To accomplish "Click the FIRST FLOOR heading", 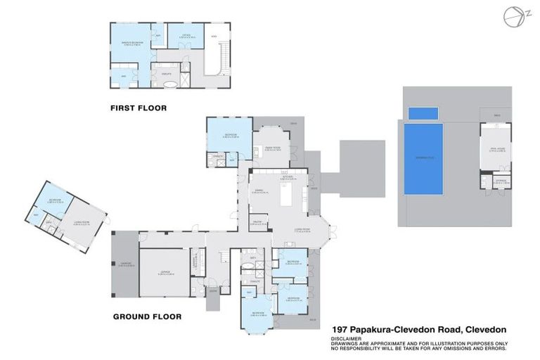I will [x=143, y=108].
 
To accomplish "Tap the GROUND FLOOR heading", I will [x=147, y=316].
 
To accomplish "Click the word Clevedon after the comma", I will [x=484, y=328].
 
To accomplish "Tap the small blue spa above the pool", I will [x=423, y=112].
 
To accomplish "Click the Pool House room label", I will [x=494, y=149].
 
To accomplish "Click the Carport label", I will [x=124, y=264].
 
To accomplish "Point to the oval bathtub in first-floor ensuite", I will [x=171, y=83].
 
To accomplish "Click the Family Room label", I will [x=272, y=148].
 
